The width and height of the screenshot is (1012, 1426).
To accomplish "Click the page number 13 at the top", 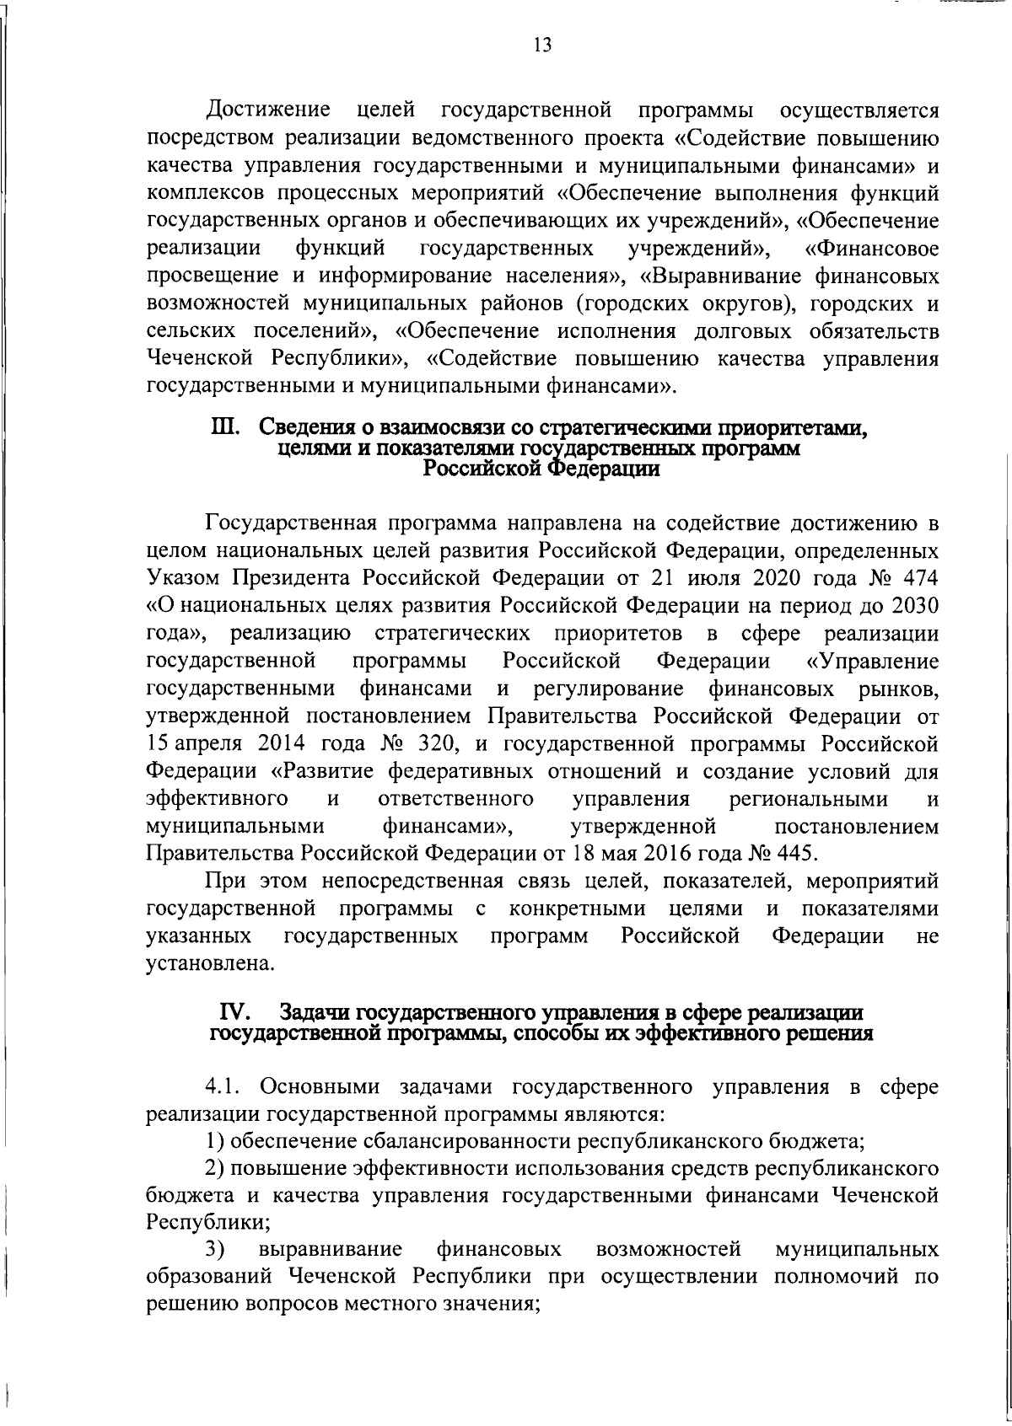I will point(542,46).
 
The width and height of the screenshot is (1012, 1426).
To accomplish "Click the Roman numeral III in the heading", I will point(225,427).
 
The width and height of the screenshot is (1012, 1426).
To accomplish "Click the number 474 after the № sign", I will point(918,579).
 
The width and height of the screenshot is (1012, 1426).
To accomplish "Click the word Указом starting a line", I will point(182,579).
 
